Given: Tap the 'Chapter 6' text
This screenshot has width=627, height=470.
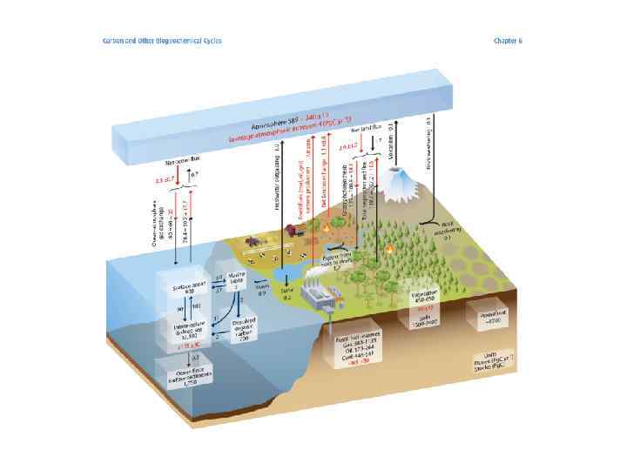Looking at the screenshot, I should coord(509,40).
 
